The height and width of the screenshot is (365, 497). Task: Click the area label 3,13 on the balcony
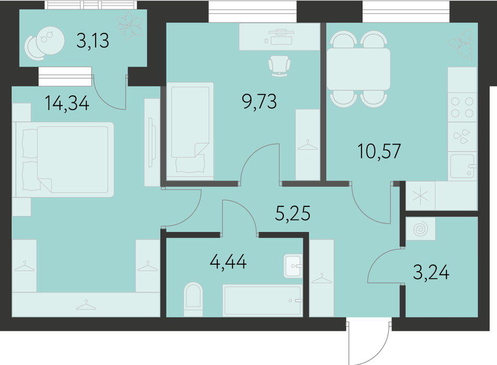click(x=92, y=41)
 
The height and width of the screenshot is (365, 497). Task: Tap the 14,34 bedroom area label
click(x=67, y=103)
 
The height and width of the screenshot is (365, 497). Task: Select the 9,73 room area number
click(x=259, y=101)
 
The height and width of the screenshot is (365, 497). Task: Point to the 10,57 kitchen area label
click(x=379, y=151)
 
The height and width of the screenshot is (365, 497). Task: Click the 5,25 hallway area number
click(x=293, y=213)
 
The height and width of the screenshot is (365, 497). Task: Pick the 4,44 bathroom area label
click(x=228, y=262)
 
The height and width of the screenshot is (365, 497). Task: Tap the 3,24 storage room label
click(x=431, y=272)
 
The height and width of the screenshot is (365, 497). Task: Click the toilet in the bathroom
click(x=193, y=299)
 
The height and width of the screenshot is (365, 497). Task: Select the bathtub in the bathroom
click(x=262, y=300)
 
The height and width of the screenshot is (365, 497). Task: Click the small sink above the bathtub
click(x=293, y=266)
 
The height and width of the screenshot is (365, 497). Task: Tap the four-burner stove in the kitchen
click(x=462, y=107)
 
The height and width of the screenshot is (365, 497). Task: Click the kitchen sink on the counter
click(x=463, y=166)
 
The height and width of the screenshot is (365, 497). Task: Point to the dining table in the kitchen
click(x=358, y=69)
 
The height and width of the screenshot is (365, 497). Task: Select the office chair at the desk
click(x=279, y=66)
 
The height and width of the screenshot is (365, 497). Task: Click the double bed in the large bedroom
click(x=65, y=160)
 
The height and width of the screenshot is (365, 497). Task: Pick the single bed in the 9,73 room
click(x=190, y=129)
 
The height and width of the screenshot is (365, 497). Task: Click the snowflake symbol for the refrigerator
click(x=420, y=196)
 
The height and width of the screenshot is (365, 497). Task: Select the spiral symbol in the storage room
click(x=421, y=228)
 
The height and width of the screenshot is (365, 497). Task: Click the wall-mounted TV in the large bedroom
click(x=152, y=142)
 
